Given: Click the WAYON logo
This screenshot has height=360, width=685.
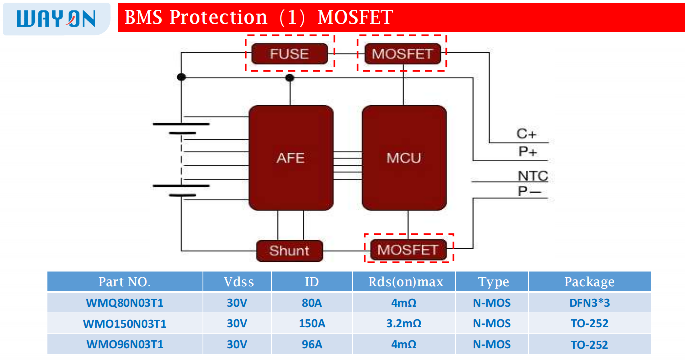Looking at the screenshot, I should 56,18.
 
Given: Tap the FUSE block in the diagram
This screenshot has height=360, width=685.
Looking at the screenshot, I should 289,54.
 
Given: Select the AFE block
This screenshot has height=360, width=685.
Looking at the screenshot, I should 290,158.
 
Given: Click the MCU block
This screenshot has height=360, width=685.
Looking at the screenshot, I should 404,158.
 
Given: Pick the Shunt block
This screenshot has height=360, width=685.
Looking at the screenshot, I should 289,250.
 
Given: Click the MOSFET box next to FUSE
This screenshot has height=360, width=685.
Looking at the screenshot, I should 402,54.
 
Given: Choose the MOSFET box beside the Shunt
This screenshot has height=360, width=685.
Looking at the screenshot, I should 408,249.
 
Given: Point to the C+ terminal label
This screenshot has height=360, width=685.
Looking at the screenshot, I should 526,134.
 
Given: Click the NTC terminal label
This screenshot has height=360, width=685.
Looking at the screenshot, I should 532,176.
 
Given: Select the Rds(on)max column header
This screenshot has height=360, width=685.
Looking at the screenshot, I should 405,282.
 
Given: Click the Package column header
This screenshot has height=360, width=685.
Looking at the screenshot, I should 589,282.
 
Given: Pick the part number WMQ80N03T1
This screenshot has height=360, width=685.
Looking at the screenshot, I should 125,303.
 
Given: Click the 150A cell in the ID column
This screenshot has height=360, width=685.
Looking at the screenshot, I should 312,324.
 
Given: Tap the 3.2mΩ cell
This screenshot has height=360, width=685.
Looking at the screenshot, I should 404,324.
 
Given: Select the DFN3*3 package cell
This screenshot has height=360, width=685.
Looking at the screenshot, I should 589,303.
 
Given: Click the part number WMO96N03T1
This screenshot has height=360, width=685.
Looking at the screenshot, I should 125,345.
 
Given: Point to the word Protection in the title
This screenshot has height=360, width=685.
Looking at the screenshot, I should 218,18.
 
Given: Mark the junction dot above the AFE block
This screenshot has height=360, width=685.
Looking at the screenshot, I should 289,78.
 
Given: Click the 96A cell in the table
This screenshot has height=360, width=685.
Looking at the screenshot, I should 312,345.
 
